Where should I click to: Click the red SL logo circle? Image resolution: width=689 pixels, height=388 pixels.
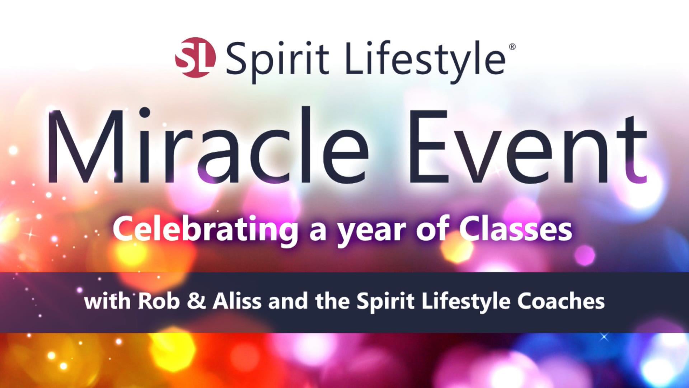pos(195,57)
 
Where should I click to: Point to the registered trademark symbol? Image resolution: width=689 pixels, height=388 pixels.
pos(512,47)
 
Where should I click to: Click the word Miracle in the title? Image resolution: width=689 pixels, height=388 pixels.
pos(208,145)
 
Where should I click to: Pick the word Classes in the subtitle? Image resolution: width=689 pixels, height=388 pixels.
pos(516,230)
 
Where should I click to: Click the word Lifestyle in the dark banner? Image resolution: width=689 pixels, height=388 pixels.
pos(465,302)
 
